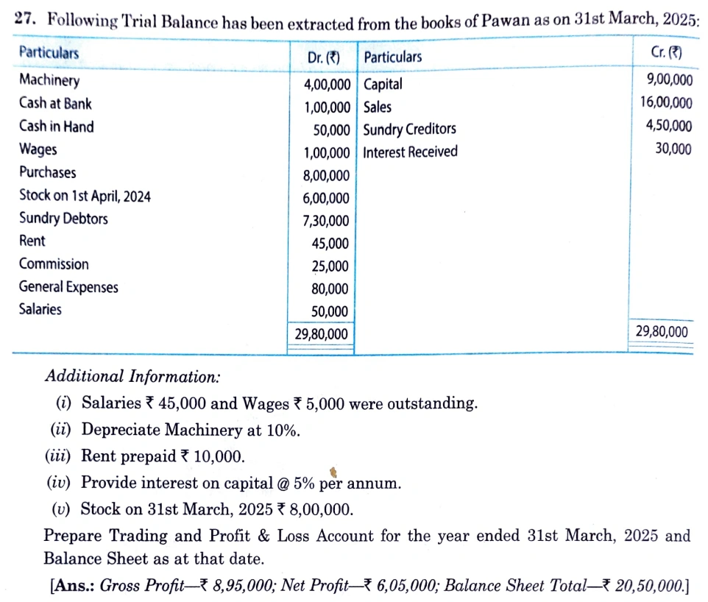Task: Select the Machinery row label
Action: coord(49,80)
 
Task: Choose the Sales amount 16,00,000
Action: coord(666,103)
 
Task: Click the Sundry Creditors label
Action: coord(410,130)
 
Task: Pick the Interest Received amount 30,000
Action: coord(673,149)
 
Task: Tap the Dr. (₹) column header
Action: coord(325,57)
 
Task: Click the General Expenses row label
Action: coord(68,287)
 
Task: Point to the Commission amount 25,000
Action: coord(330,266)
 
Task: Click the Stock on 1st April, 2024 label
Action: coord(85,196)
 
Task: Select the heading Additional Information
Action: coord(132,377)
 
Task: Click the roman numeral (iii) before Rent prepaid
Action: coord(59,457)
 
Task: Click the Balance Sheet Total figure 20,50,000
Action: coord(648,587)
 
